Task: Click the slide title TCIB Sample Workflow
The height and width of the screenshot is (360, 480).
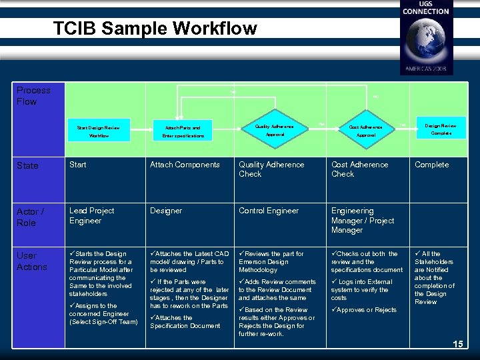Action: (154, 28)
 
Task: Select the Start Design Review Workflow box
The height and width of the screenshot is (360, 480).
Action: (99, 131)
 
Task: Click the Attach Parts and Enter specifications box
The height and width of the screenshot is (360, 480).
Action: (182, 131)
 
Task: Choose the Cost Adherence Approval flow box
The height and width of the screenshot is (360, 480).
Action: (366, 130)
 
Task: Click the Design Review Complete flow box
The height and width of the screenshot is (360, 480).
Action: (441, 129)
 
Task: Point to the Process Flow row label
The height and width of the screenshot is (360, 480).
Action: (33, 96)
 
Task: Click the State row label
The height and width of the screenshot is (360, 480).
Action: (27, 165)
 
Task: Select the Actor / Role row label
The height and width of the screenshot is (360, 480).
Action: (31, 217)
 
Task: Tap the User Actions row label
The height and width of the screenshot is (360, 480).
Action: (32, 261)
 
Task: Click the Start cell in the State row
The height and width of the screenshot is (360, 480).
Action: (78, 165)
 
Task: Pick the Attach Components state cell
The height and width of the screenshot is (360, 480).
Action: (185, 165)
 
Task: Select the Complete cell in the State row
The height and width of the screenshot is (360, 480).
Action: (431, 165)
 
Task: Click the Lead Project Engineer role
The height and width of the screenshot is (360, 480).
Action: (92, 215)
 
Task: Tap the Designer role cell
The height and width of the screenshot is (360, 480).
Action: (166, 211)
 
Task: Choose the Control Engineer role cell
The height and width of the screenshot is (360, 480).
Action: (269, 211)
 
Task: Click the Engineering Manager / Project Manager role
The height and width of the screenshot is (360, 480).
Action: (363, 220)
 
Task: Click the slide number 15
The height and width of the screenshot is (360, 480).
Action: (457, 344)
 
